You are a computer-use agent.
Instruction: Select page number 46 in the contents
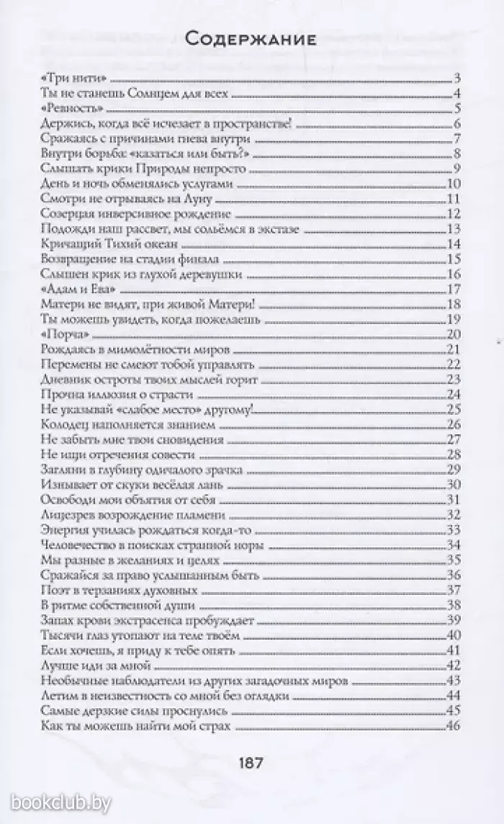[453, 725]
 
